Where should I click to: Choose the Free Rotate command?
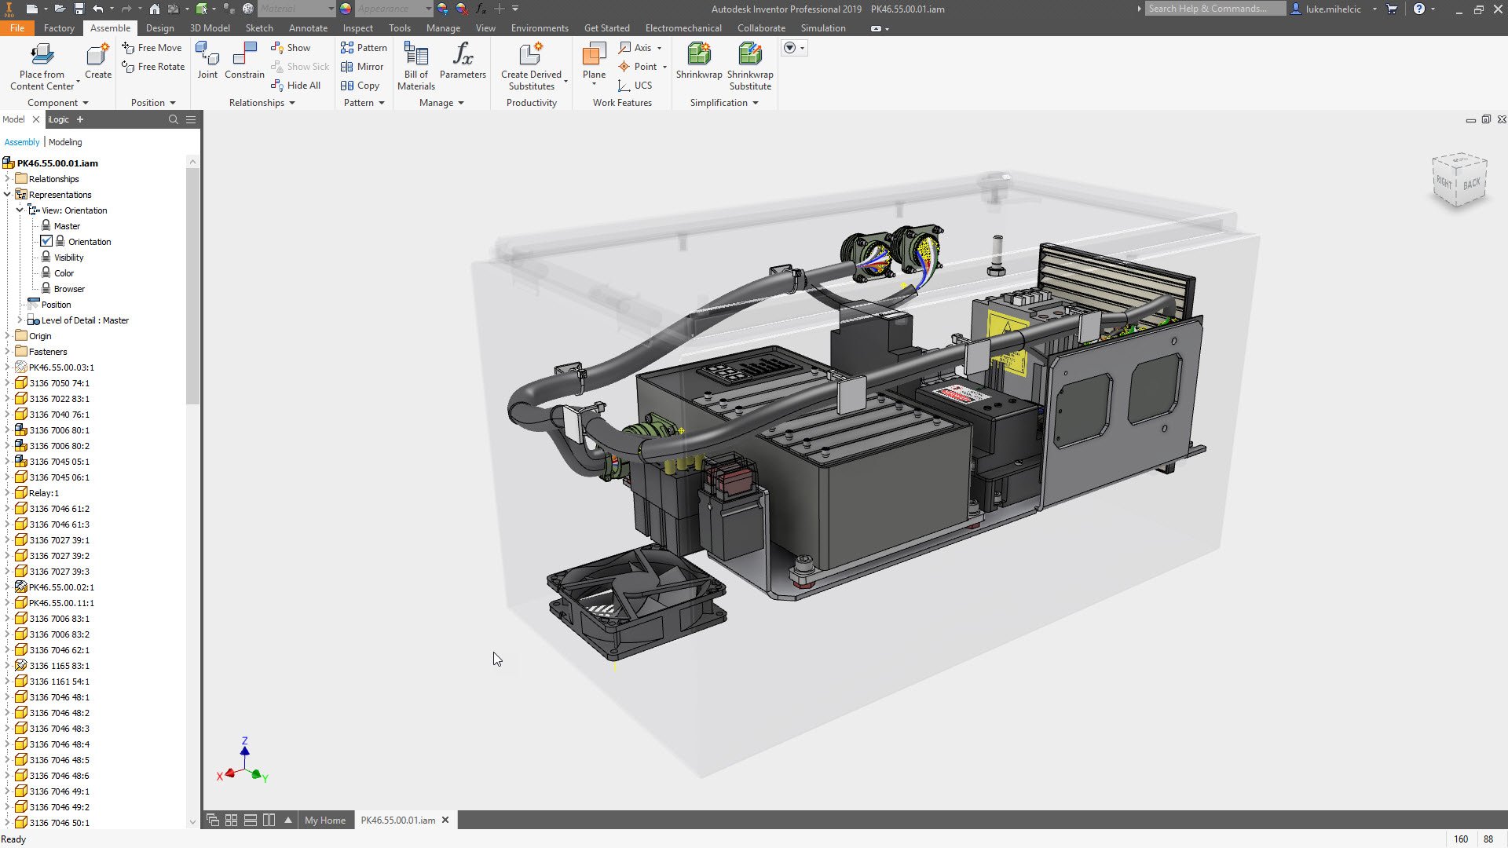[154, 67]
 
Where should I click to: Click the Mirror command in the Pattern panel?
[362, 67]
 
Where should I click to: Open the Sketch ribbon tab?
[259, 28]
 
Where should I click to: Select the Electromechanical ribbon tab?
[683, 28]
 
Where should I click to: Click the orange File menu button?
[16, 28]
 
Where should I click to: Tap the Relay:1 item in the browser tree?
[44, 493]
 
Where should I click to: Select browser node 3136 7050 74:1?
[59, 383]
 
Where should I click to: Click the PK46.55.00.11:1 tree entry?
[61, 603]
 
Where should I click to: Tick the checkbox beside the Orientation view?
[46, 241]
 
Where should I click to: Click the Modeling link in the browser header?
[65, 142]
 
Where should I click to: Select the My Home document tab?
[324, 821]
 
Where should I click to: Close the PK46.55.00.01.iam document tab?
[445, 820]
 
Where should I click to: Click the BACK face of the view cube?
[1471, 183]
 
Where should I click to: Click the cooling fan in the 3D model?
[635, 601]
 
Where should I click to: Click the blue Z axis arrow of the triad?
[245, 751]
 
